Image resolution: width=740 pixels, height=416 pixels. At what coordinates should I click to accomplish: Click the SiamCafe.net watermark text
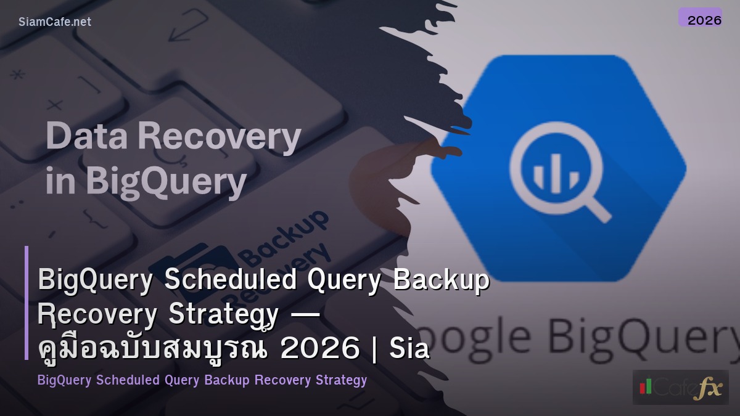coord(55,22)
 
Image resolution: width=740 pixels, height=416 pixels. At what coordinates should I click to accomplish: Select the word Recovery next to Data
coord(219,137)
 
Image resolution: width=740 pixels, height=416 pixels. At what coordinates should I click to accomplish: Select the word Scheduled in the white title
coord(229,280)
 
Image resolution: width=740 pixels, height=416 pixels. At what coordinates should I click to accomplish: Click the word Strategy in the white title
coord(223,314)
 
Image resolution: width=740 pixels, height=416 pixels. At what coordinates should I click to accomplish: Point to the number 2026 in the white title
coord(319,349)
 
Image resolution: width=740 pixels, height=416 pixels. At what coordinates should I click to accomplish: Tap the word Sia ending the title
coord(409,349)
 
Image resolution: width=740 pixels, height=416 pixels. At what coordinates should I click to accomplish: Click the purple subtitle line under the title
coord(202,380)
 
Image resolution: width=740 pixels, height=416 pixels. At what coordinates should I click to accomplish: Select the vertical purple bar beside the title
coord(27,302)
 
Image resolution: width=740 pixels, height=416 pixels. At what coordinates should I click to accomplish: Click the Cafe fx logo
coord(680,387)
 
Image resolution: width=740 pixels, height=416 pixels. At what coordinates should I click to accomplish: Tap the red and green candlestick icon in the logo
coord(646,386)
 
